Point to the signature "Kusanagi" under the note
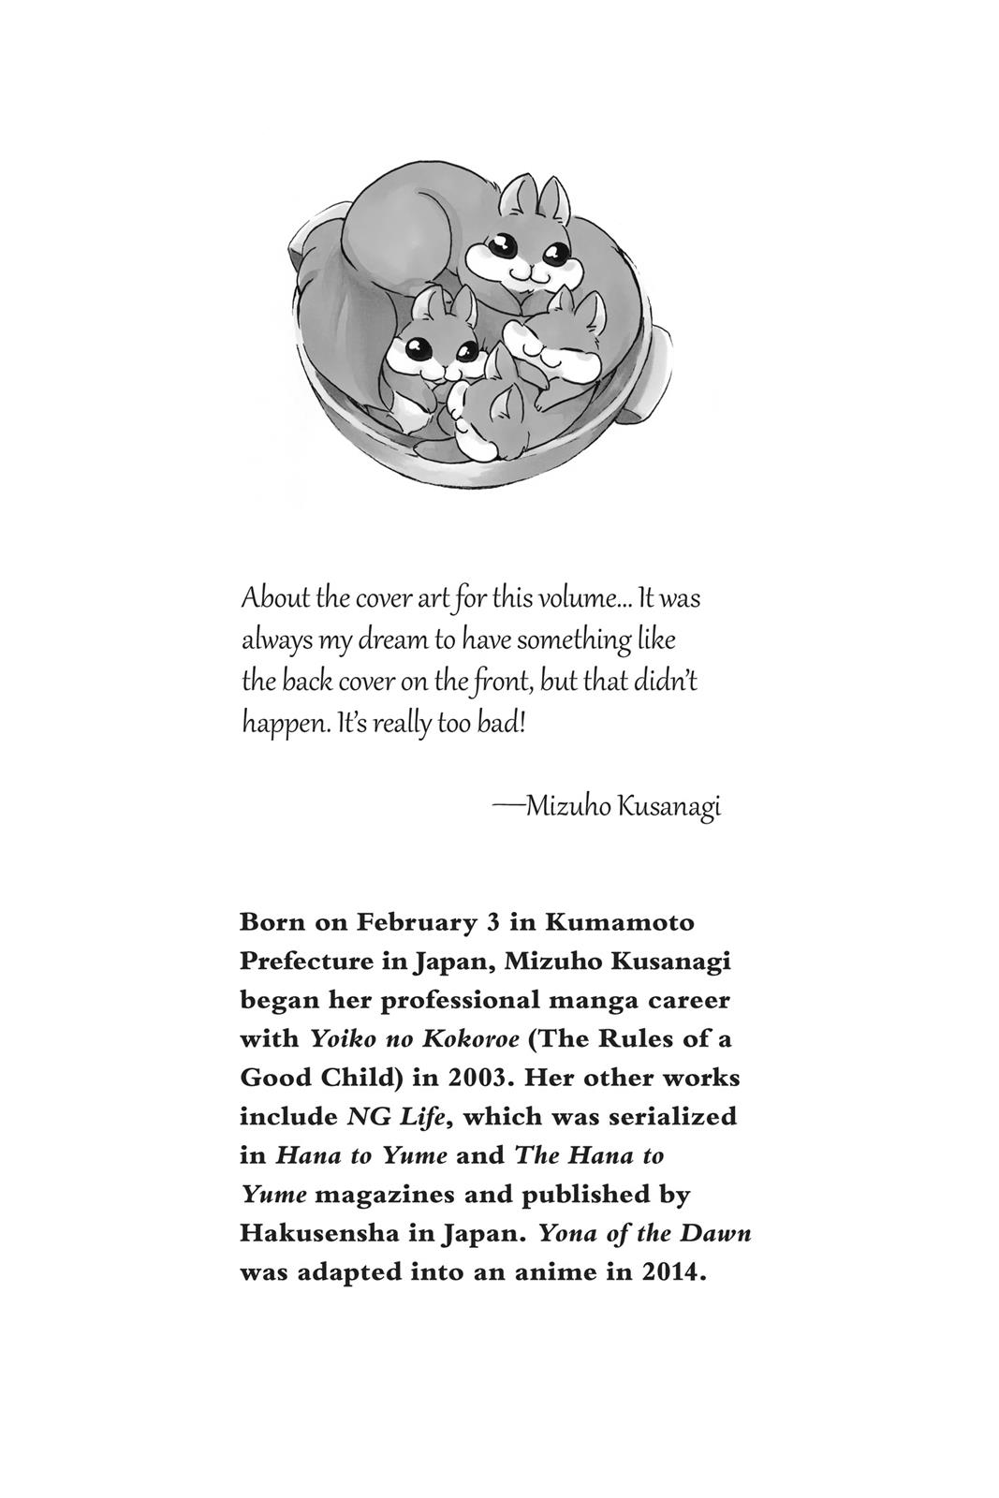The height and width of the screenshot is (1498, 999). coord(668,807)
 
